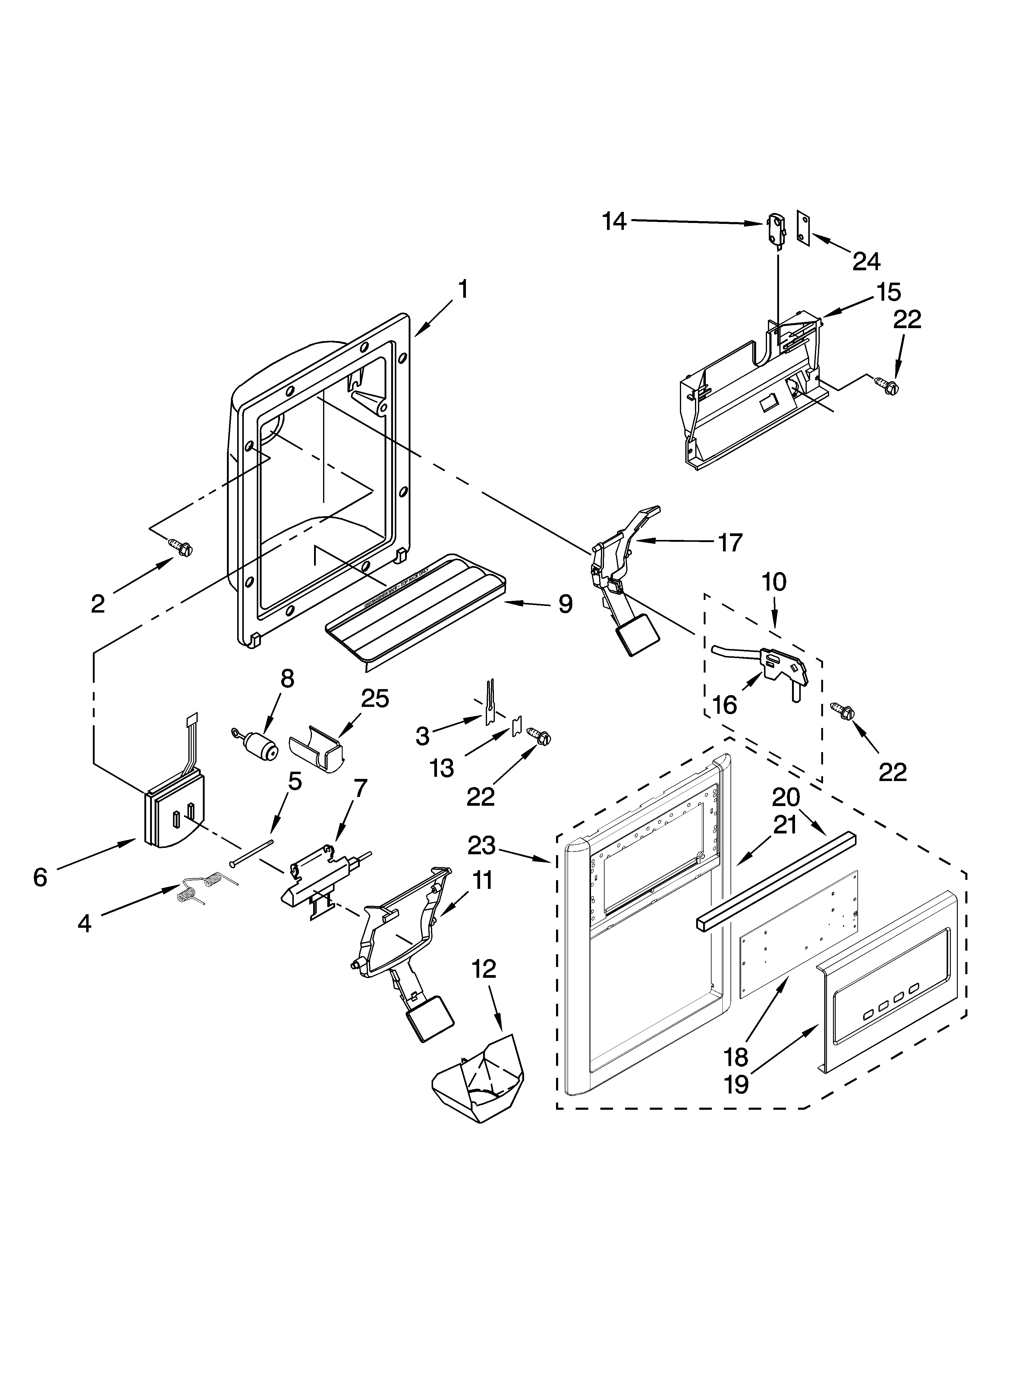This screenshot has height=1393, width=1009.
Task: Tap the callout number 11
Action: [482, 880]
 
